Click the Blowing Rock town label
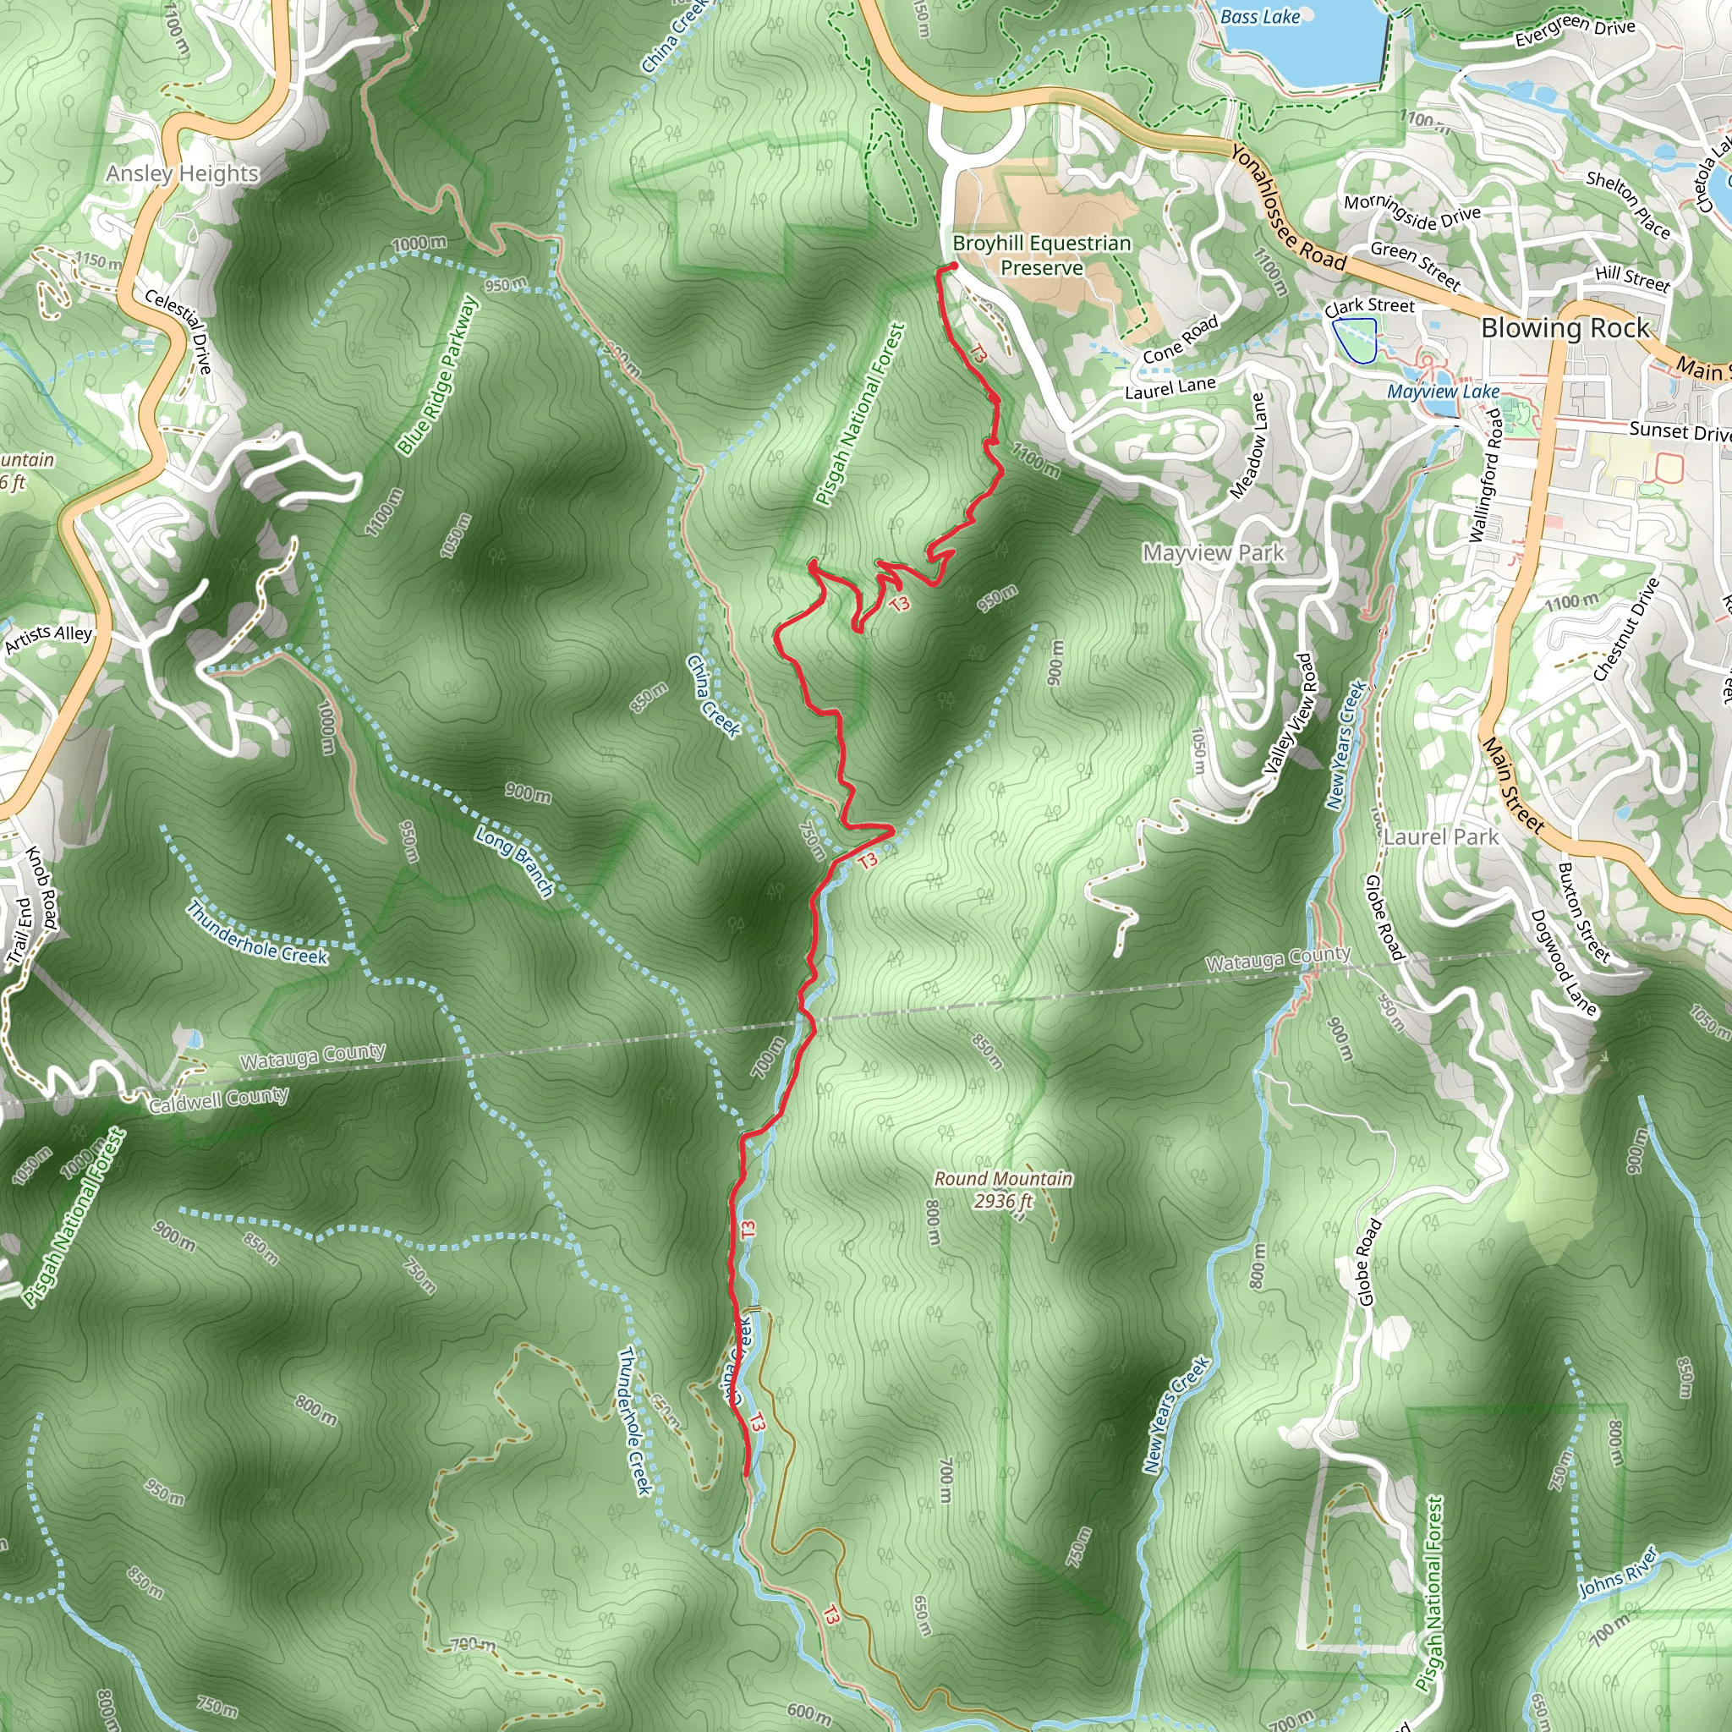1565,328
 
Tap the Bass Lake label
1259,16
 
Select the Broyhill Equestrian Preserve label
1042,255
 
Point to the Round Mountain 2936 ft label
1003,1190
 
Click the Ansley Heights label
182,173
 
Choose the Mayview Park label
1213,553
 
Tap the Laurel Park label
1440,837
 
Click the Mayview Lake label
1443,392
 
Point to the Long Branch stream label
514,862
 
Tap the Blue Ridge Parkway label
438,375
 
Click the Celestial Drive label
179,332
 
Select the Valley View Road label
1292,714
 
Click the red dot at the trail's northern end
954,266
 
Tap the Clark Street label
1369,307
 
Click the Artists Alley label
48,639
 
